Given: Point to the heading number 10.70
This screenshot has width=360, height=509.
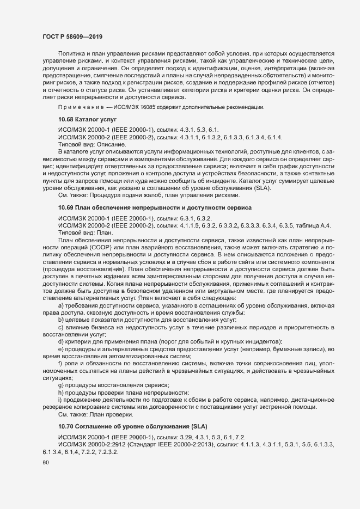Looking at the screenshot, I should [x=66, y=425].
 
